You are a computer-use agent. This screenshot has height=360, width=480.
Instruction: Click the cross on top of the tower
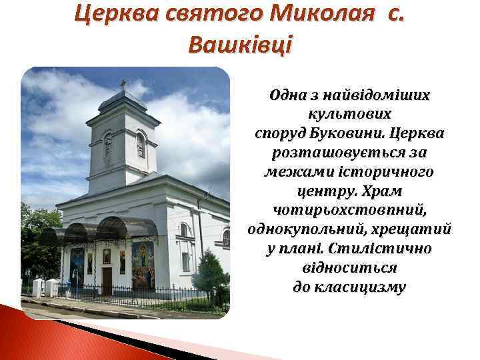(123, 85)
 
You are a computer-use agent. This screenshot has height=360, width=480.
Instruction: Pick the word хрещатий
(413, 229)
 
